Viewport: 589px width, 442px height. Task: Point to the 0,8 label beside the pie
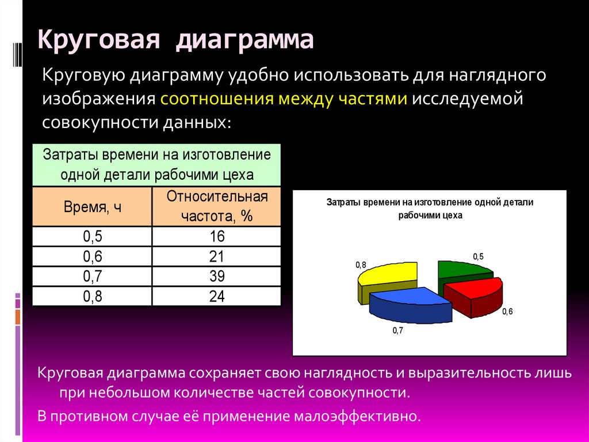pyautogui.click(x=361, y=265)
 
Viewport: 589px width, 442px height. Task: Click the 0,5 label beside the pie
pyautogui.click(x=478, y=256)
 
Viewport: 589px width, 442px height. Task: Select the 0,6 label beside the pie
pyautogui.click(x=507, y=312)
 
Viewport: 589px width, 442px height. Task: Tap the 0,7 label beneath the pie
pyautogui.click(x=398, y=330)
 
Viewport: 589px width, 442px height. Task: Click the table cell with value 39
pyautogui.click(x=216, y=276)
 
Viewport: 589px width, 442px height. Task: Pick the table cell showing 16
pyautogui.click(x=216, y=237)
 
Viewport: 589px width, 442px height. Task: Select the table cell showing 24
pyautogui.click(x=216, y=296)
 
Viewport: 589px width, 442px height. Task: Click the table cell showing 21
pyautogui.click(x=216, y=256)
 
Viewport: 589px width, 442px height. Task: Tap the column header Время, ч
pyautogui.click(x=92, y=207)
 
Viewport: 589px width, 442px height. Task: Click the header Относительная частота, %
pyautogui.click(x=216, y=206)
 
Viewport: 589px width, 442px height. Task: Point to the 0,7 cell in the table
pyautogui.click(x=92, y=276)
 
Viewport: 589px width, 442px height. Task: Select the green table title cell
pyautogui.click(x=156, y=165)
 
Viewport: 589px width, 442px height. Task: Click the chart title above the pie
pyautogui.click(x=430, y=209)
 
